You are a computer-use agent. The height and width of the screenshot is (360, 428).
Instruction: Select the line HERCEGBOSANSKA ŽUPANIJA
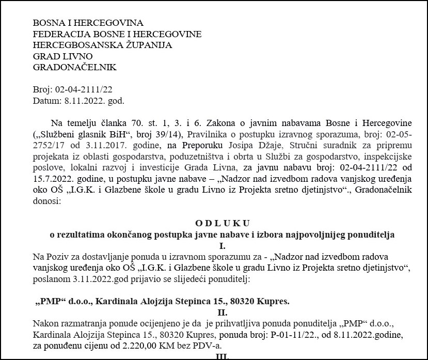pyautogui.click(x=102, y=45)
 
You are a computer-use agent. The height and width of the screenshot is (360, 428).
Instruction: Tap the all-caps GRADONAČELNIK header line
pyautogui.click(x=74, y=67)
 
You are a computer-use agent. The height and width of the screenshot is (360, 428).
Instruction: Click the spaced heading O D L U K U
pyautogui.click(x=222, y=223)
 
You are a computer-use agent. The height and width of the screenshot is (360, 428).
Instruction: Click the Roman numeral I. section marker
pyautogui.click(x=222, y=245)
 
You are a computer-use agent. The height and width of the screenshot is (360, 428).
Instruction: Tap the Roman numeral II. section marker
pyautogui.click(x=222, y=312)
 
